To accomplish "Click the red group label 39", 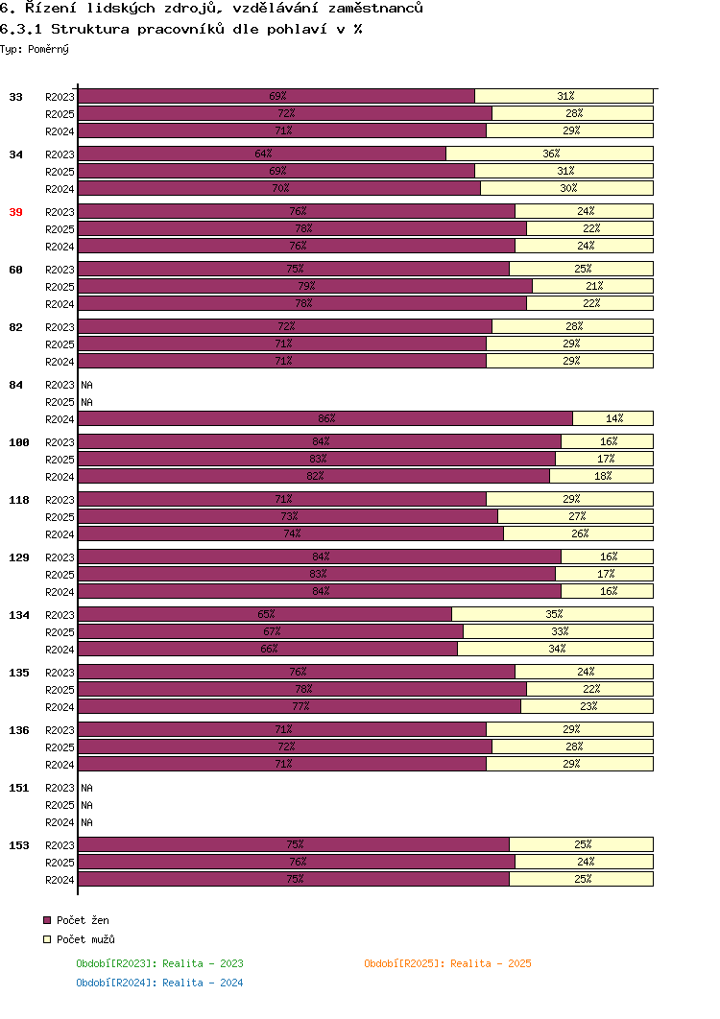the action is click(x=15, y=212).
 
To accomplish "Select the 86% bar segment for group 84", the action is click(x=325, y=418).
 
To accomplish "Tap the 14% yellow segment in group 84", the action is click(x=612, y=418).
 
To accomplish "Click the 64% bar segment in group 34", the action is click(x=262, y=154).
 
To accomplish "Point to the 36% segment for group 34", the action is click(x=549, y=154).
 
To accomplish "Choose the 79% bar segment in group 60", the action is click(x=305, y=286).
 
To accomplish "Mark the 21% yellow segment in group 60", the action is click(x=592, y=286).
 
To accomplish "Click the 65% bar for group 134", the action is click(x=265, y=614).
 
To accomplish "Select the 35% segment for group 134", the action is click(x=552, y=614).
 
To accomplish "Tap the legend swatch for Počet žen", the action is click(x=47, y=920).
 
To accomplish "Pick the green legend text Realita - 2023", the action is click(x=203, y=963).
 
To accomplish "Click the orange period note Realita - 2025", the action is click(x=492, y=963).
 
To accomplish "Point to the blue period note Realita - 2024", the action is click(x=203, y=983).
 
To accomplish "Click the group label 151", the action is click(x=19, y=789).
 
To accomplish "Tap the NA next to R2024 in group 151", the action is click(x=87, y=822).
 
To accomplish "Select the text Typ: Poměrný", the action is click(x=35, y=49).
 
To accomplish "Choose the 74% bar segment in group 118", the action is click(x=291, y=533).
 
